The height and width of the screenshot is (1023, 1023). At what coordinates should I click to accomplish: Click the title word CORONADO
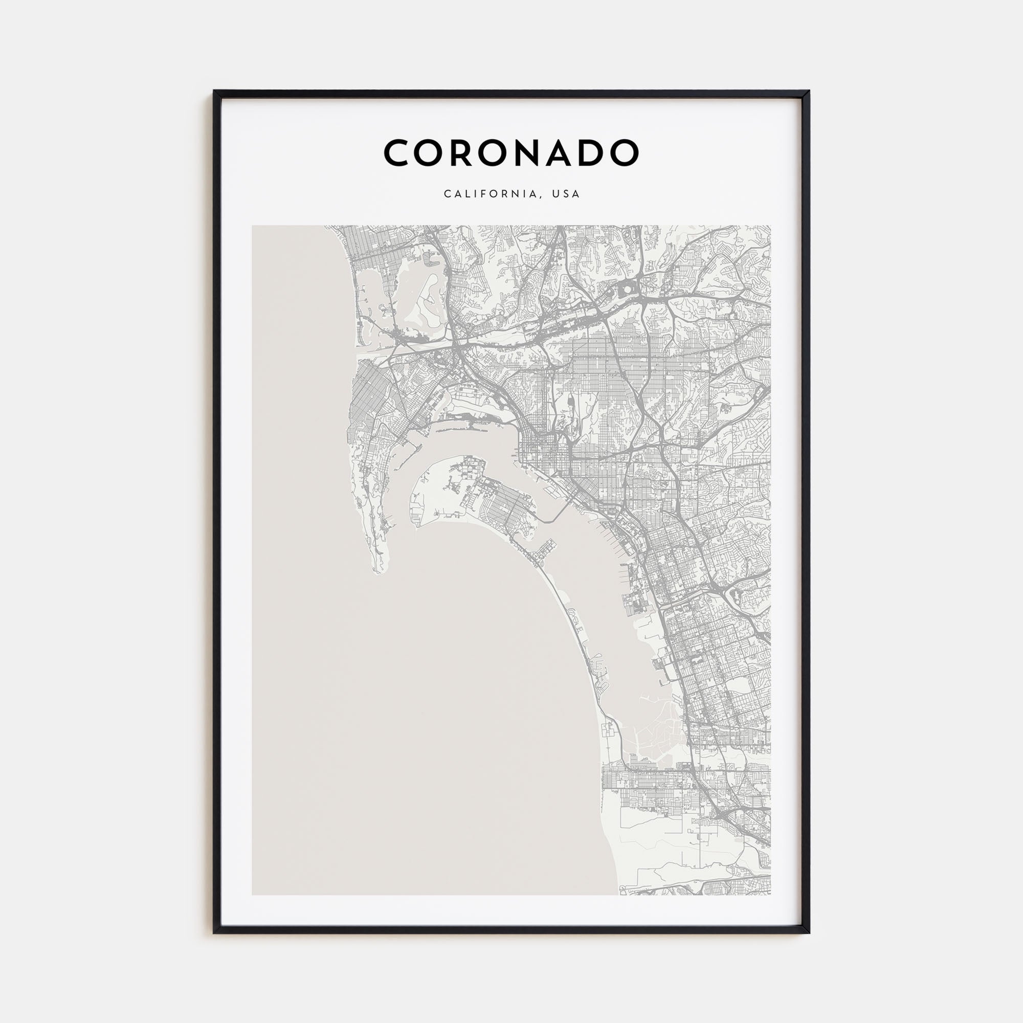point(511,153)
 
